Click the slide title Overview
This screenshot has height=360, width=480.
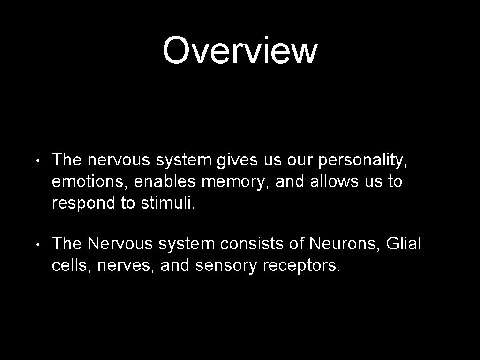pos(240,51)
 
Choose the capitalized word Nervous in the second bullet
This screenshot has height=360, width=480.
pos(120,244)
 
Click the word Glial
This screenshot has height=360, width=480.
pos(404,244)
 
